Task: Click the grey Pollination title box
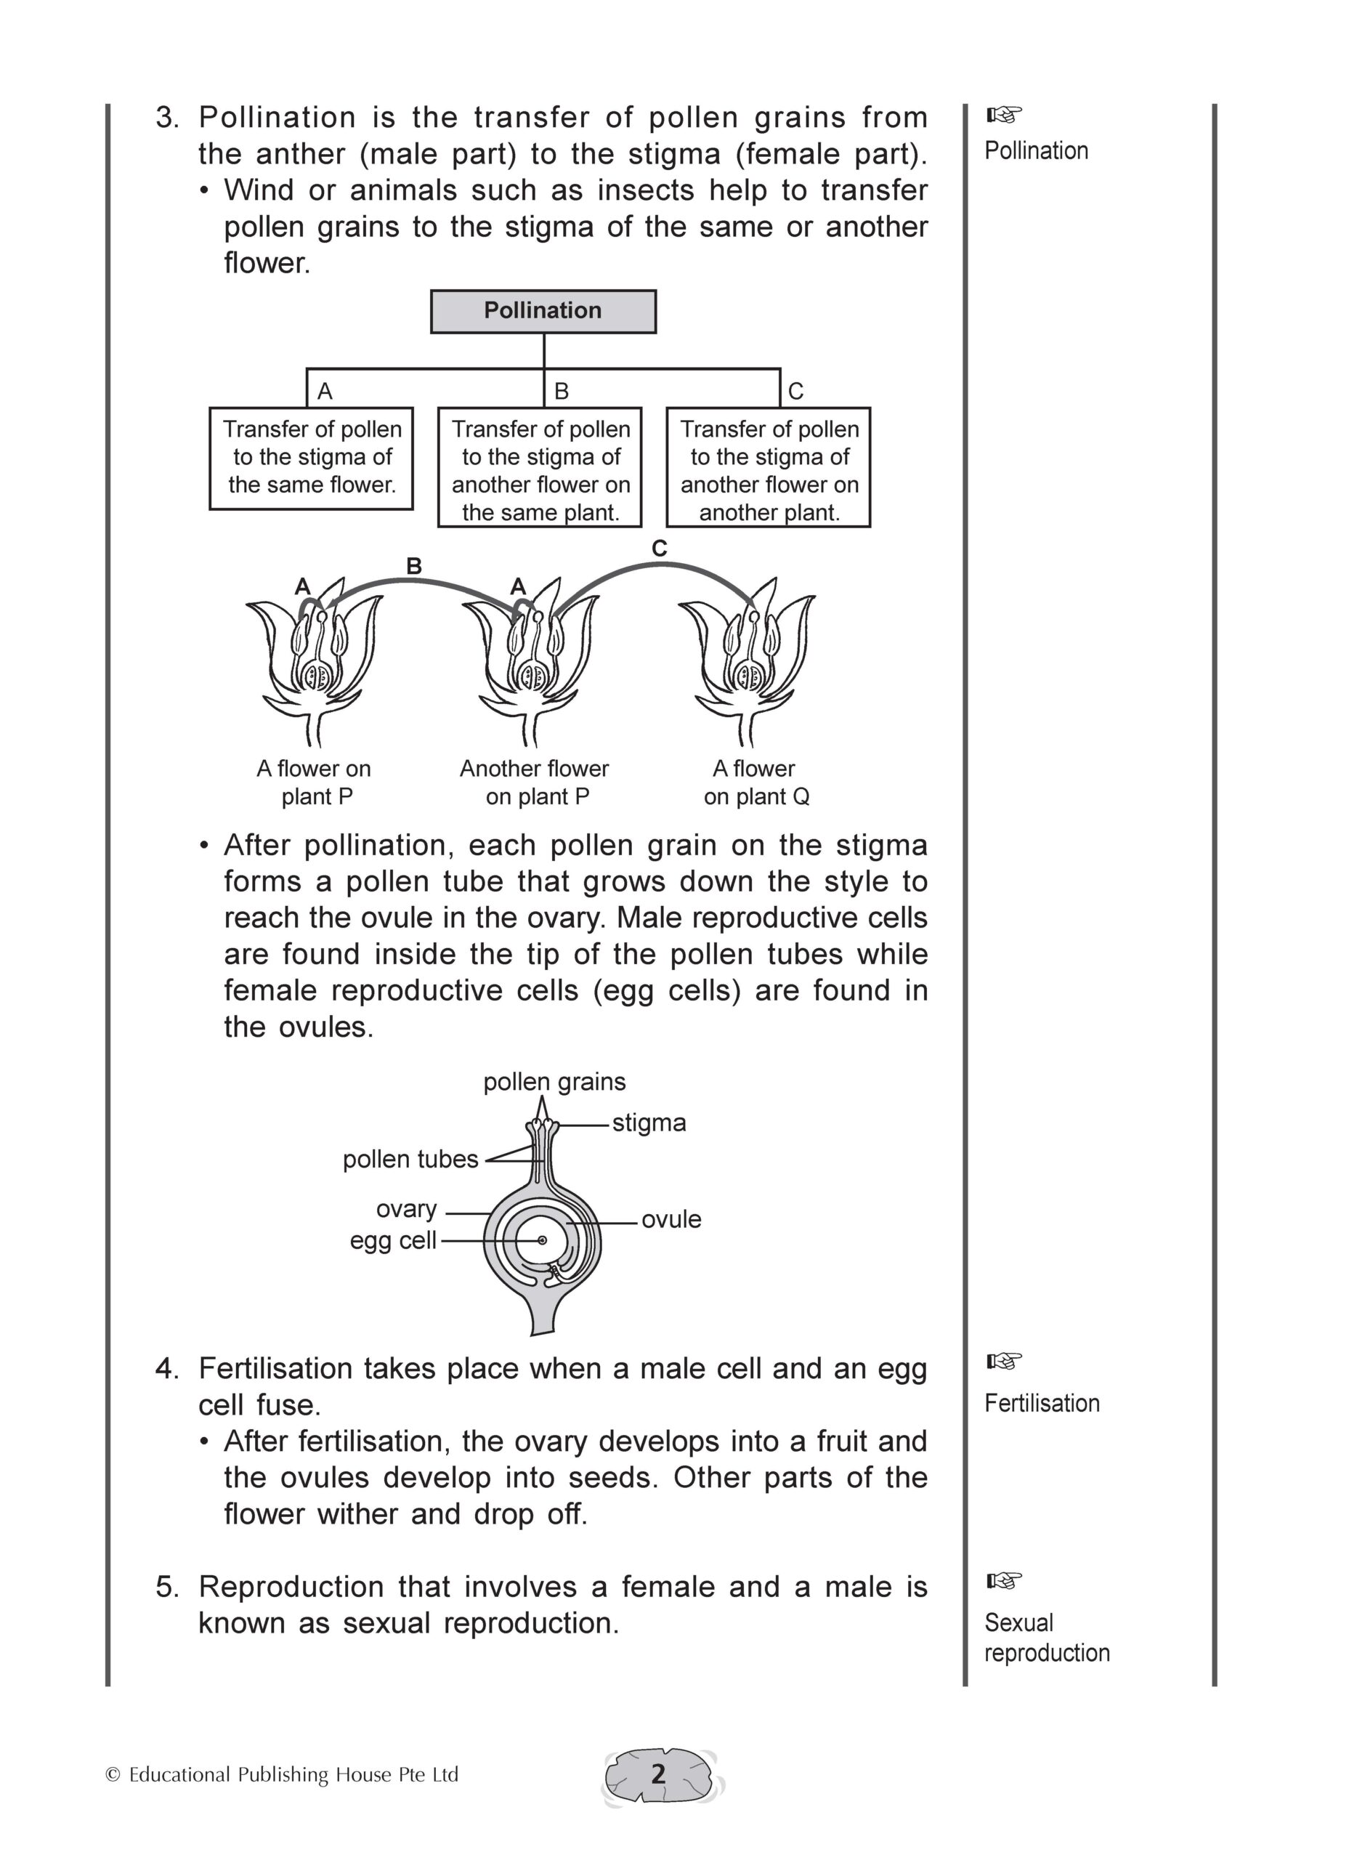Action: click(x=543, y=312)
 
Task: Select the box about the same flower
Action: click(x=312, y=458)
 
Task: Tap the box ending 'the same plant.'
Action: click(x=540, y=467)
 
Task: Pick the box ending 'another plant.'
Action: click(x=768, y=467)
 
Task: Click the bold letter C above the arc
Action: click(x=659, y=549)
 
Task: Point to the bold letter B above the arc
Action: click(x=414, y=566)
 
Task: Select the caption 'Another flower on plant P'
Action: click(x=535, y=782)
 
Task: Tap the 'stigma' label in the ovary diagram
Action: click(x=649, y=1123)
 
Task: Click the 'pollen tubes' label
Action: click(x=410, y=1159)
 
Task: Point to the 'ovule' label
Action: click(x=671, y=1219)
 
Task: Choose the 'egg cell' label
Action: click(x=392, y=1240)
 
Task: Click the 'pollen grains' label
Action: click(x=554, y=1082)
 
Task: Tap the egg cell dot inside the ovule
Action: click(x=542, y=1240)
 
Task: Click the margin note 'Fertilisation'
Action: click(x=1042, y=1403)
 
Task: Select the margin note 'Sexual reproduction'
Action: click(x=1047, y=1638)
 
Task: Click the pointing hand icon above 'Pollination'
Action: click(x=1004, y=113)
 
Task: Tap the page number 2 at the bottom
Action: click(x=658, y=1774)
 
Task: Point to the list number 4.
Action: click(x=167, y=1369)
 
